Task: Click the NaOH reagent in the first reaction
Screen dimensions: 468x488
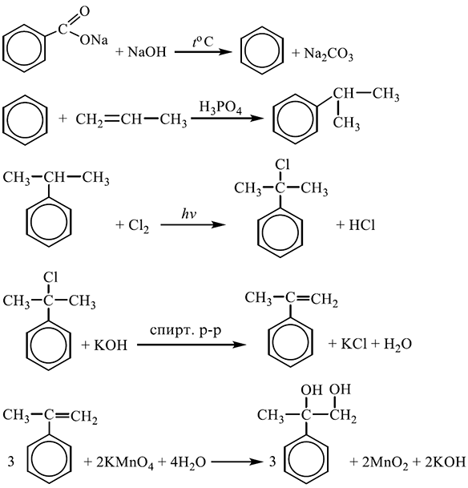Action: (x=147, y=51)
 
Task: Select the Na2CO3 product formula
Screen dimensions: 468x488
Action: (x=329, y=54)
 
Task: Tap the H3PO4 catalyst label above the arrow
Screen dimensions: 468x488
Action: (x=220, y=108)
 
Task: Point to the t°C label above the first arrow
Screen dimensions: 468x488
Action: (x=203, y=42)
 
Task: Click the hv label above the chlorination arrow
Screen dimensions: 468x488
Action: (x=189, y=214)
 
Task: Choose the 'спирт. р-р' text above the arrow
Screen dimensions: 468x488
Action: (x=185, y=331)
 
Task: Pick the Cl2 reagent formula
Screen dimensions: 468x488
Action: (x=139, y=225)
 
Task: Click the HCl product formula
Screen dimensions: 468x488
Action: (x=362, y=224)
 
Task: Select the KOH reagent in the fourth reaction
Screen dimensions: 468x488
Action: (x=111, y=345)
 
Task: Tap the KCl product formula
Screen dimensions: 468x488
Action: (x=354, y=344)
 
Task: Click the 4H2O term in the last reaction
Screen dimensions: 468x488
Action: (x=188, y=463)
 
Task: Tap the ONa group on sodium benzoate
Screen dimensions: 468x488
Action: (x=94, y=40)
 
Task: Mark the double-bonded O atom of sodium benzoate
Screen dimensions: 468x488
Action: (x=84, y=12)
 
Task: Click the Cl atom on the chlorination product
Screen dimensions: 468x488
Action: (x=283, y=165)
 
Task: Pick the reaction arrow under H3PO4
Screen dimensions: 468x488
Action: (x=226, y=119)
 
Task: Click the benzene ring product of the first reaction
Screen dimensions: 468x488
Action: (x=262, y=50)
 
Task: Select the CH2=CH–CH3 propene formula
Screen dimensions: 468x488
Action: (x=131, y=119)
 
